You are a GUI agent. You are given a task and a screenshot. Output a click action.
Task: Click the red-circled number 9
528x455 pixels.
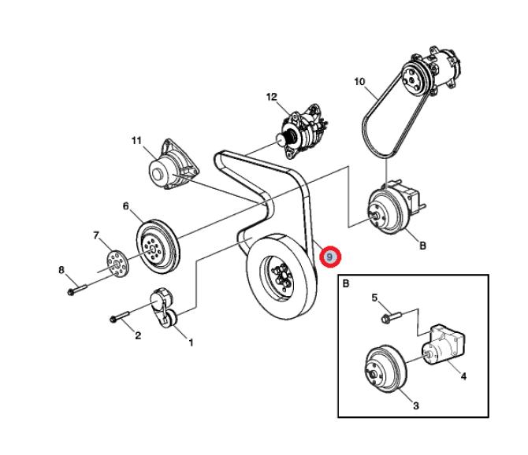pos(330,257)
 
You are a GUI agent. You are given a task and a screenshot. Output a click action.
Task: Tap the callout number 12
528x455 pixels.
pos(272,98)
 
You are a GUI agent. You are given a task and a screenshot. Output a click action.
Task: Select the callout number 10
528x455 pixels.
pos(359,82)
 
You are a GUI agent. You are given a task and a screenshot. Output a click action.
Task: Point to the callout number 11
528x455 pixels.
pos(136,142)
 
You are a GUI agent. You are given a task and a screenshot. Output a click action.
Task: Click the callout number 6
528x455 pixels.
pos(125,207)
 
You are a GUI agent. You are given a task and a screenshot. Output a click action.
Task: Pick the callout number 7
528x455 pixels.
pos(96,235)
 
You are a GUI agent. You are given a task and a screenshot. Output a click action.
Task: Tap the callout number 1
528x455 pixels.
pos(189,342)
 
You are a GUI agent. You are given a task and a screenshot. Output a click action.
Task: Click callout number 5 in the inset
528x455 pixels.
pos(375,298)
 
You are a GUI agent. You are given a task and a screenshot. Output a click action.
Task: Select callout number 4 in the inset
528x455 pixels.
pos(463,376)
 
